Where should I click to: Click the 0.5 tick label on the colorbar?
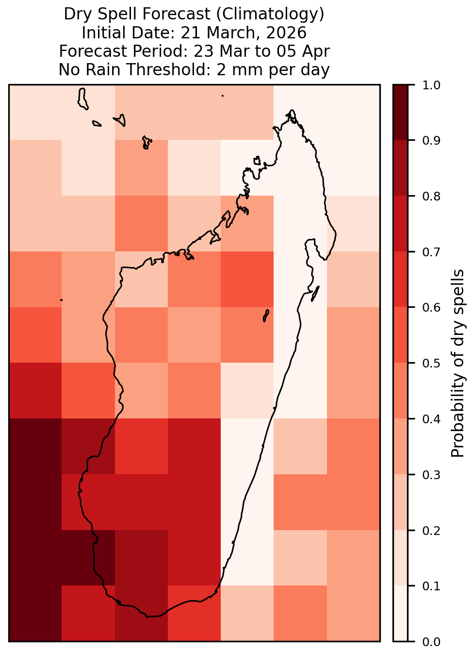[431, 363]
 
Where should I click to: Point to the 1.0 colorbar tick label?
[431, 85]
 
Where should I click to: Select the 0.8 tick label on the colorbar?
[431, 197]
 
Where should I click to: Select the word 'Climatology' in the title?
[270, 14]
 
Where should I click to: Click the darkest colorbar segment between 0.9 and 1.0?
[400, 113]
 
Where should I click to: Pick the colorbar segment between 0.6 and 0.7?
[400, 280]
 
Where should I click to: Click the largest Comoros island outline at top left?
[82, 99]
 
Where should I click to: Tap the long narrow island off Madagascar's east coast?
[315, 294]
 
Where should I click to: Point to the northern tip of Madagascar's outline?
[292, 110]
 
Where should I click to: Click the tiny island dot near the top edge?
[223, 96]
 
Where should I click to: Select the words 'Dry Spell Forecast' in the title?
[137, 14]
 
